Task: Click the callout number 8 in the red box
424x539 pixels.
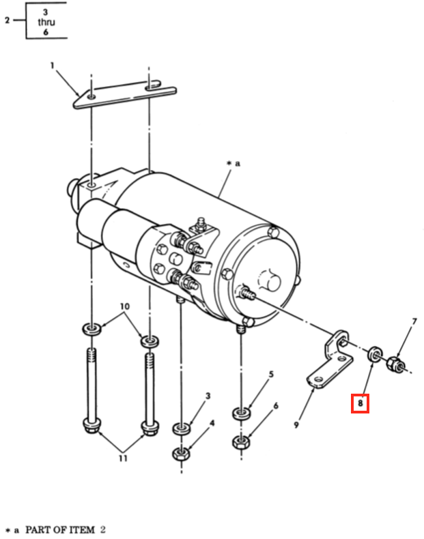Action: (360, 403)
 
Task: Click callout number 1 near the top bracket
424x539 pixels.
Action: (53, 65)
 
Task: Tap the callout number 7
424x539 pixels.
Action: (414, 321)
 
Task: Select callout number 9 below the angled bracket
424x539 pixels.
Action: (296, 425)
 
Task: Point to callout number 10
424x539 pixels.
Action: (124, 306)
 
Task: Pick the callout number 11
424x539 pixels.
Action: (123, 458)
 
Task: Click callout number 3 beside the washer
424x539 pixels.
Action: (208, 396)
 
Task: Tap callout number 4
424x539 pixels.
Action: (212, 423)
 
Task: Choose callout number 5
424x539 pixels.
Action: (271, 374)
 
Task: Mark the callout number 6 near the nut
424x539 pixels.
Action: (275, 406)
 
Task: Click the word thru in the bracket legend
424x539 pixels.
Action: (46, 22)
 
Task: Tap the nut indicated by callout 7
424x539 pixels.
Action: (394, 364)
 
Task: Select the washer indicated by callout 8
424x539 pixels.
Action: (374, 354)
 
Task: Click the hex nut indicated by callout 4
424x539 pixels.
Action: (181, 454)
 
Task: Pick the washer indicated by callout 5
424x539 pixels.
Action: (241, 413)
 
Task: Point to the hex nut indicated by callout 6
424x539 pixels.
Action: (241, 441)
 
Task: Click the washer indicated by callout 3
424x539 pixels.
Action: (181, 428)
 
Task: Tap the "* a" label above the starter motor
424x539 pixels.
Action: (234, 163)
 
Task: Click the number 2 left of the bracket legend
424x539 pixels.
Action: (8, 20)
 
